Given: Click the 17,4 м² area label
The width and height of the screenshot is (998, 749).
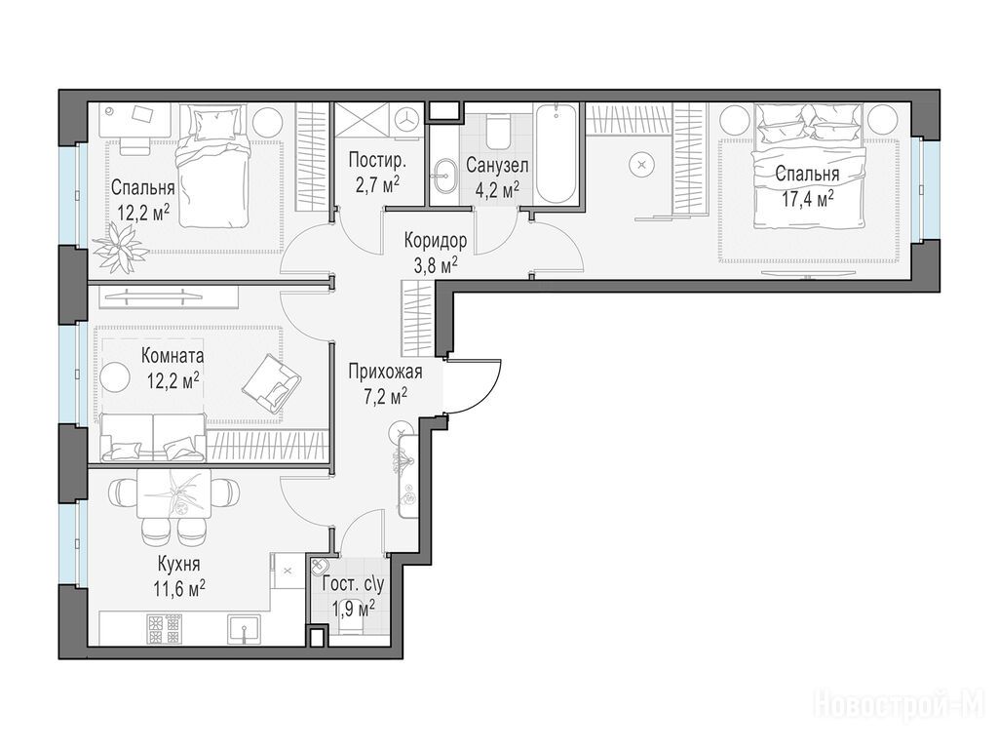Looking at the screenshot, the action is pyautogui.click(x=808, y=199).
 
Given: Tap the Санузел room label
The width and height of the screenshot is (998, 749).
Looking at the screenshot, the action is pyautogui.click(x=497, y=166).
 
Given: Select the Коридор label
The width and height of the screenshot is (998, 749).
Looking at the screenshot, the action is pyautogui.click(x=436, y=241).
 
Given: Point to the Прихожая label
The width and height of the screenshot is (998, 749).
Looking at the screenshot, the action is pyautogui.click(x=385, y=372).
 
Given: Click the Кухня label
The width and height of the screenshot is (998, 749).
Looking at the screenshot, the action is pyautogui.click(x=179, y=565).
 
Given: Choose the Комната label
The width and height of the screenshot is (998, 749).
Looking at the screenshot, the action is pyautogui.click(x=173, y=355).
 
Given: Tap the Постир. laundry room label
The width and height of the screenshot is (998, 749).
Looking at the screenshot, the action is pyautogui.click(x=377, y=161).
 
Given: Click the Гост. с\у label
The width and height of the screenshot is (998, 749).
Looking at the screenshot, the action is pyautogui.click(x=353, y=584).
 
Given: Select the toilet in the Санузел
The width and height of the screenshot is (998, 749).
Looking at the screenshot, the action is pyautogui.click(x=498, y=130).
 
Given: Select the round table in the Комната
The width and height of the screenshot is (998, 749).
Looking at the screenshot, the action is pyautogui.click(x=116, y=375).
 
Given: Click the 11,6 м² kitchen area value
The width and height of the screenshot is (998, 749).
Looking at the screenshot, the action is pyautogui.click(x=179, y=587).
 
